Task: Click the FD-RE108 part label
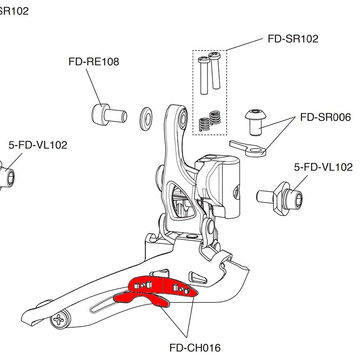94,62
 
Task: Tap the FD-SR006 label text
325,117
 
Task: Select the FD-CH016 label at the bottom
195,347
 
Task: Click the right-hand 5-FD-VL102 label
323,167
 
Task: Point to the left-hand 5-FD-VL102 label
38,145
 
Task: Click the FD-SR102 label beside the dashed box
292,39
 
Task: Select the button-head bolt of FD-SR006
256,120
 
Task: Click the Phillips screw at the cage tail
61,320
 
